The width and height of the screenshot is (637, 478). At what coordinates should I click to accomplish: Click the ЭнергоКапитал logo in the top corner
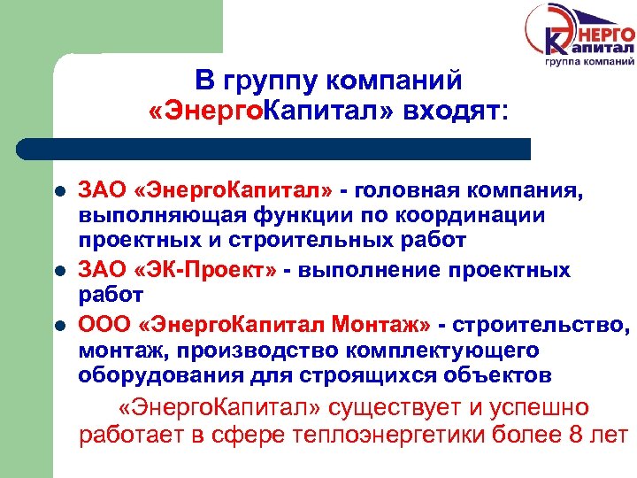579,38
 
